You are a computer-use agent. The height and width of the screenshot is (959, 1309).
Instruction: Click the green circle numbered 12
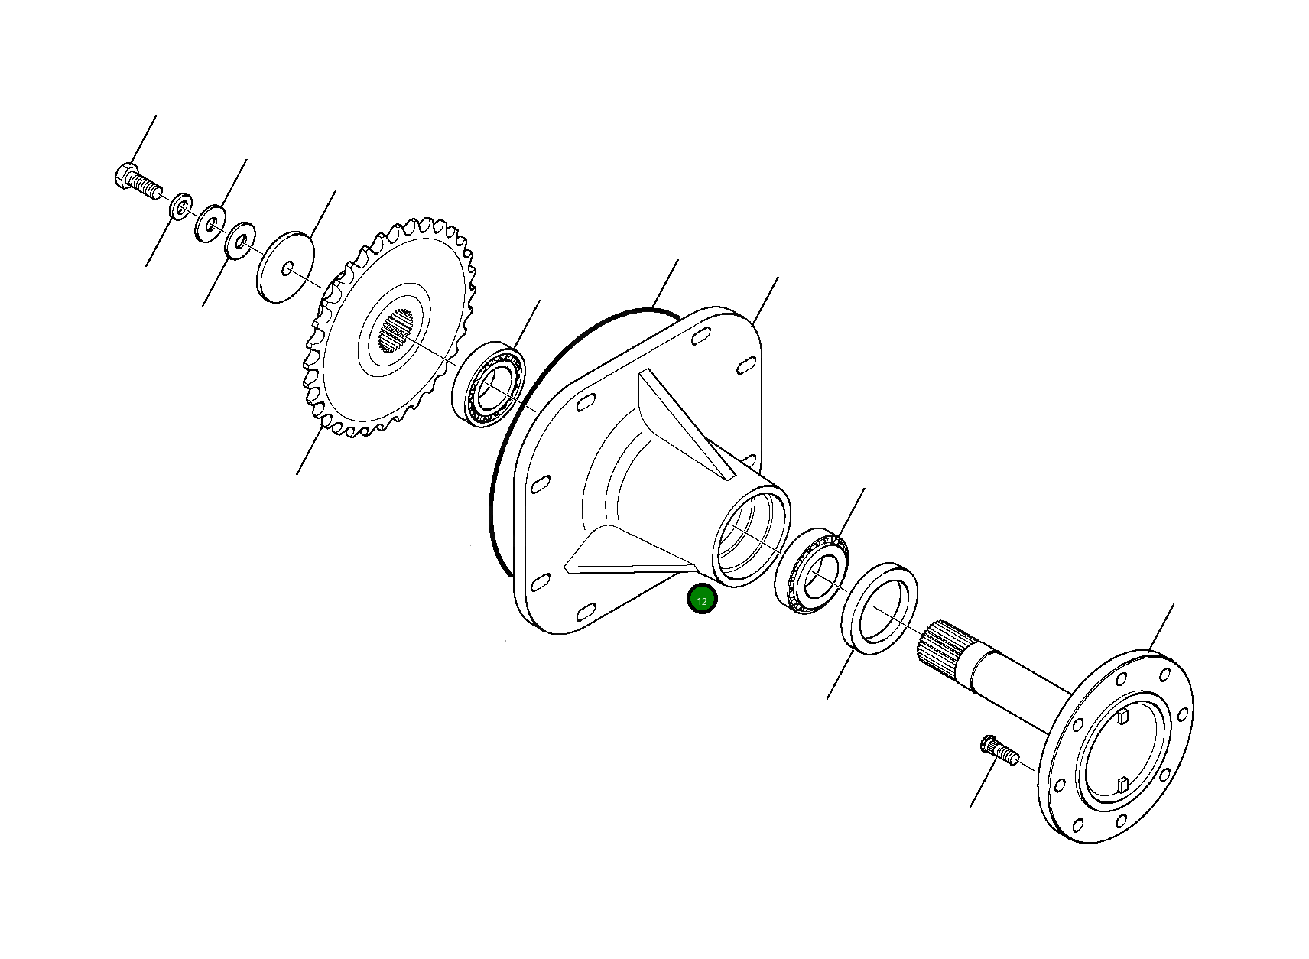[x=702, y=600]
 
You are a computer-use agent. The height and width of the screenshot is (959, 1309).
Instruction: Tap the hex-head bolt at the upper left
[x=136, y=182]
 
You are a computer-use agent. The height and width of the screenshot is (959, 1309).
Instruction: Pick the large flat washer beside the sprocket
[x=286, y=266]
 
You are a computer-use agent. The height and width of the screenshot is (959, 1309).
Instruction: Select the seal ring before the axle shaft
[x=880, y=608]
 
